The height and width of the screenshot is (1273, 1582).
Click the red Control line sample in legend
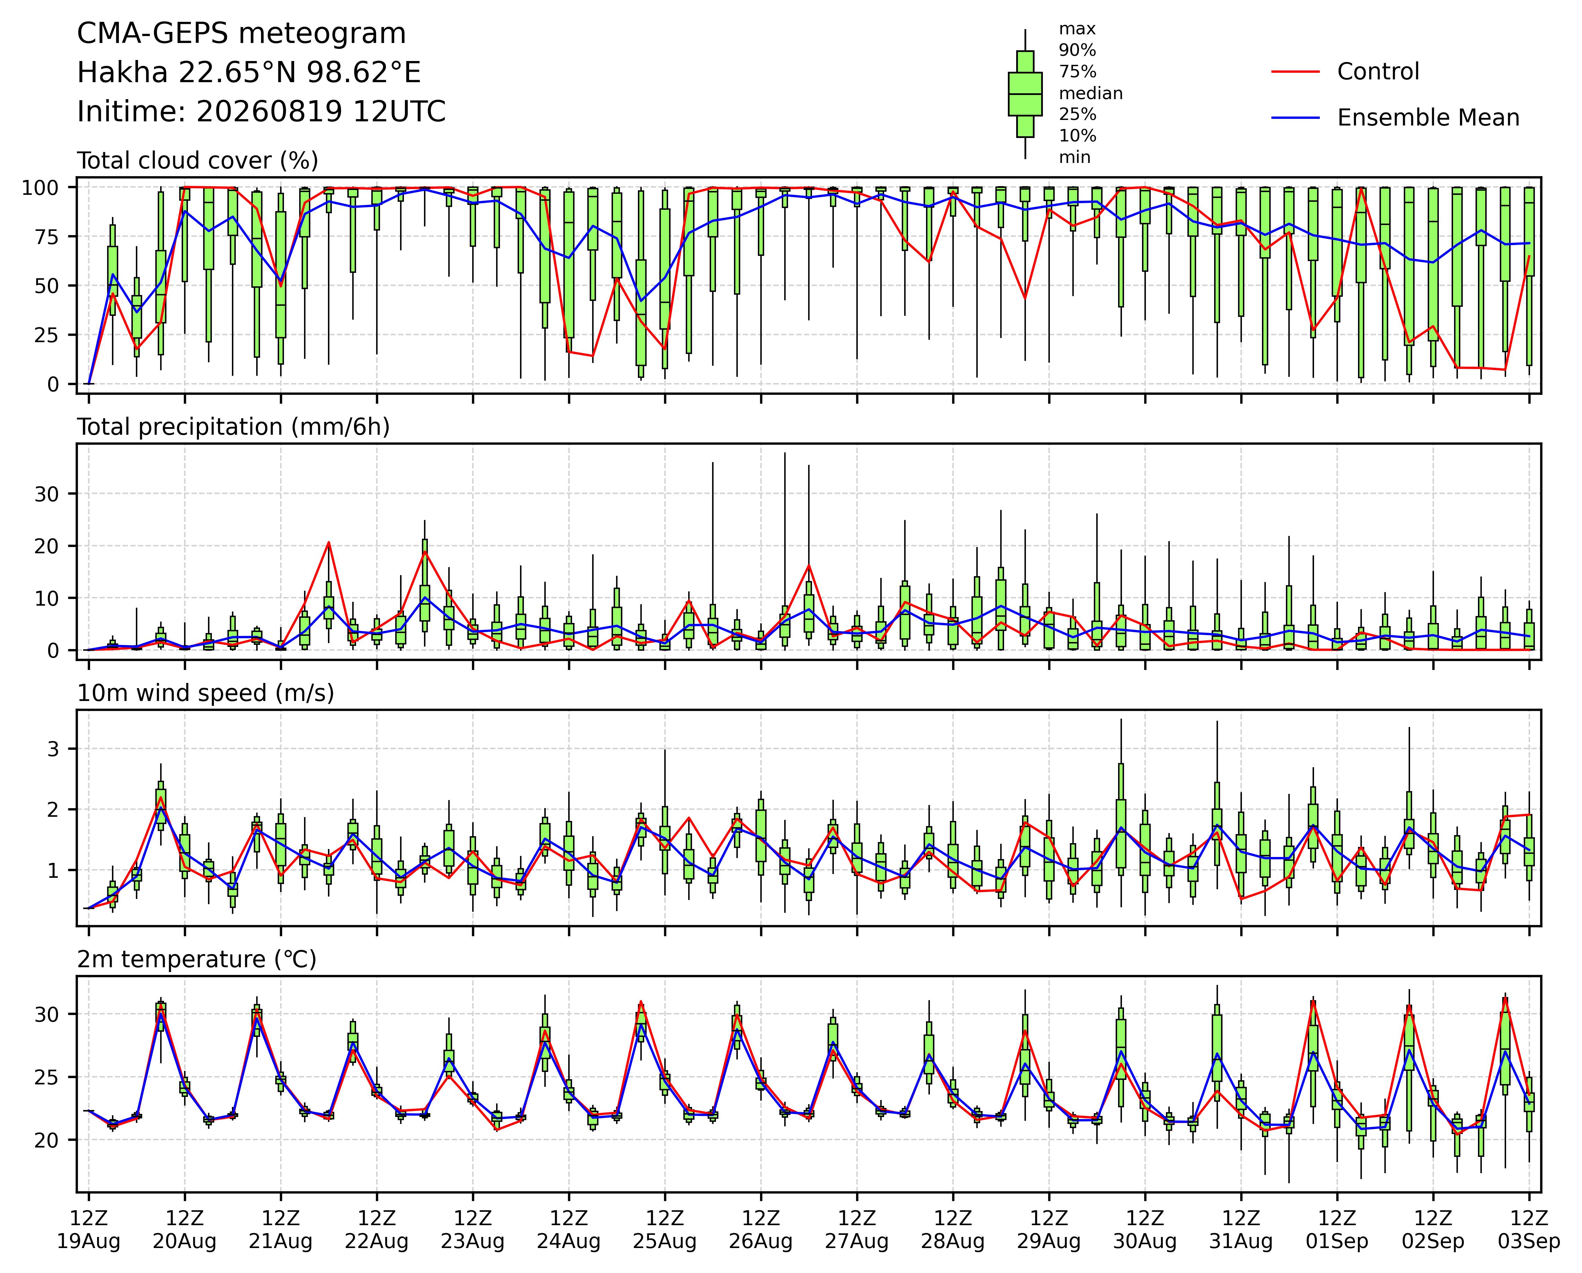click(x=1295, y=72)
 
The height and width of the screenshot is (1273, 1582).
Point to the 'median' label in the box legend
click(x=1090, y=93)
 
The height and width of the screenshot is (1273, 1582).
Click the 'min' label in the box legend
click(x=1074, y=158)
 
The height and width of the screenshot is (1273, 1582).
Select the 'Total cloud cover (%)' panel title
click(x=197, y=161)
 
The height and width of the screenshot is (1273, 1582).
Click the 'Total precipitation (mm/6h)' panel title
click(x=233, y=427)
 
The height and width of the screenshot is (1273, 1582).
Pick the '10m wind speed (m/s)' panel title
click(x=206, y=693)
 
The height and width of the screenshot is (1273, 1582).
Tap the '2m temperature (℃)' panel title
click(x=197, y=960)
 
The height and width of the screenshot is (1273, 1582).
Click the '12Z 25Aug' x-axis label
click(x=665, y=1230)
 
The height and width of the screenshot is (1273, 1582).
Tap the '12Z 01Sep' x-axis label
click(x=1337, y=1230)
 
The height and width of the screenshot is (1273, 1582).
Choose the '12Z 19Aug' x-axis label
click(x=89, y=1230)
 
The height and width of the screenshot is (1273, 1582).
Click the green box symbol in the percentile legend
click(x=1025, y=94)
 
